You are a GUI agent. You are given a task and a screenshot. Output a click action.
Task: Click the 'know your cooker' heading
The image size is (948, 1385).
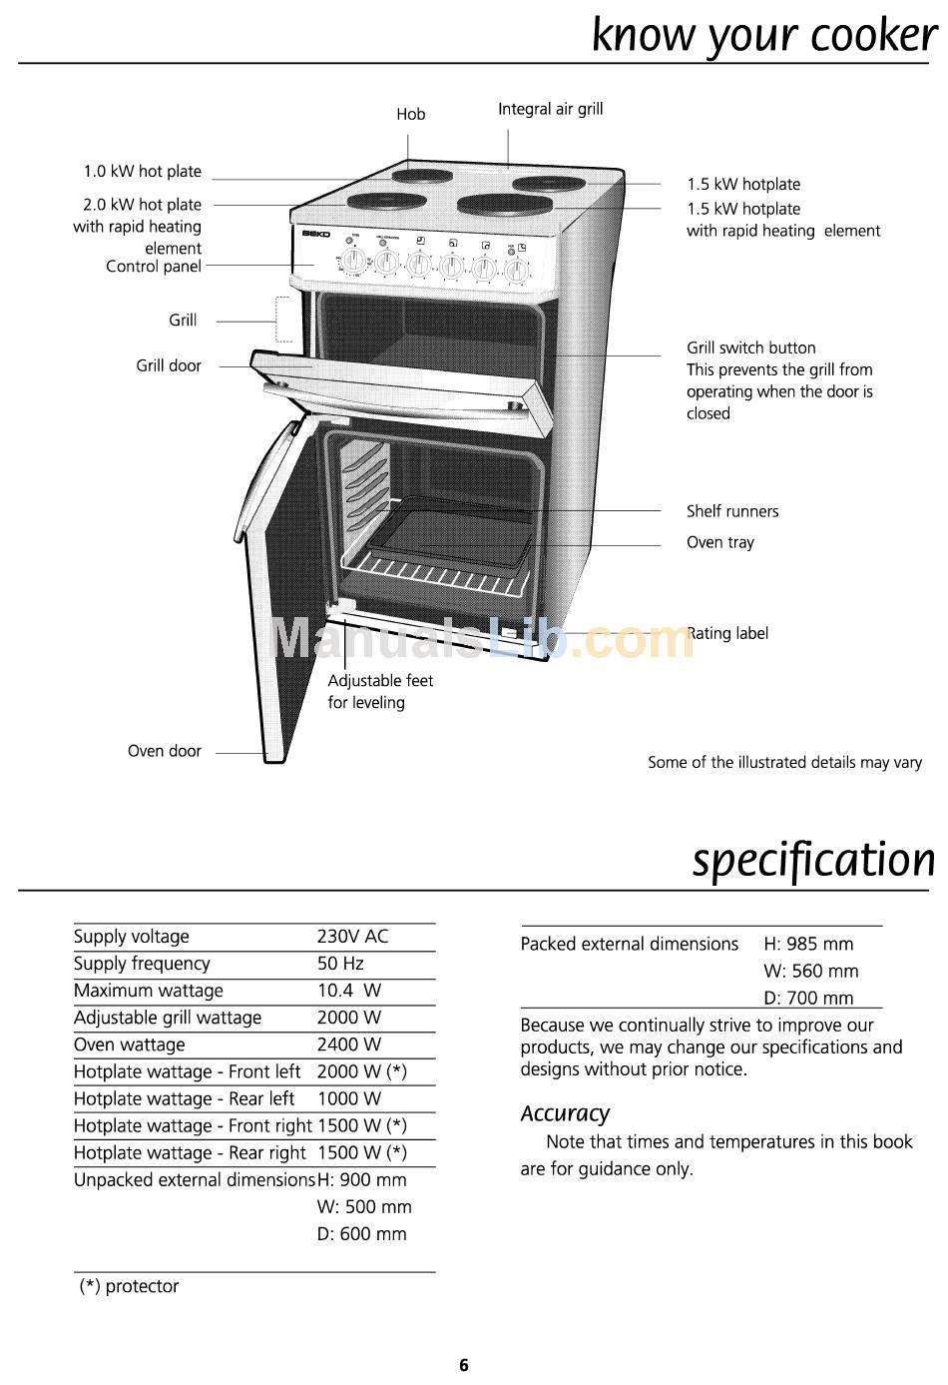[763, 35]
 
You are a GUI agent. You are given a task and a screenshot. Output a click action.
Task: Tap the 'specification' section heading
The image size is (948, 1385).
[813, 860]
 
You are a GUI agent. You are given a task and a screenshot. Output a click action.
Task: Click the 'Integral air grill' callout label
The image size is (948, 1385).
[550, 109]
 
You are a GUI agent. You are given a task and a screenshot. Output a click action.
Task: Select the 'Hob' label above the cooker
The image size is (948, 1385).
[410, 115]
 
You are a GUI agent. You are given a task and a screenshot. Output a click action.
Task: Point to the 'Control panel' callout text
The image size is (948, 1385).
[154, 267]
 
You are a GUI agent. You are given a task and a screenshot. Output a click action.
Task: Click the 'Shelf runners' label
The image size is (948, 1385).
[731, 511]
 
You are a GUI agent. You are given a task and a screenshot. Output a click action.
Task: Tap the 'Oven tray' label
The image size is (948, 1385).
[719, 542]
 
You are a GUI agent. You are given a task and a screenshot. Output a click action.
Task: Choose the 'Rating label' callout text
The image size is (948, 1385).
[728, 633]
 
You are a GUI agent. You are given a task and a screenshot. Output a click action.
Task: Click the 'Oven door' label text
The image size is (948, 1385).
[164, 751]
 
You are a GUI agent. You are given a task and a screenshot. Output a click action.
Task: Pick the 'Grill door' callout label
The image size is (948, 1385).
[169, 365]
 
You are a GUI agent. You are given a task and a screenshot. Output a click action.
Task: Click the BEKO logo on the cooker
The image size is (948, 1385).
[316, 235]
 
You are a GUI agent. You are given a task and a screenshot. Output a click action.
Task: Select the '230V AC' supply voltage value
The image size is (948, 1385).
[352, 937]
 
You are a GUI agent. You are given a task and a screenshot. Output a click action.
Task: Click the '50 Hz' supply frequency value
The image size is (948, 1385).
[340, 964]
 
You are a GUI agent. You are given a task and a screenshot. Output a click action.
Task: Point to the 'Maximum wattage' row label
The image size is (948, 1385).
[149, 991]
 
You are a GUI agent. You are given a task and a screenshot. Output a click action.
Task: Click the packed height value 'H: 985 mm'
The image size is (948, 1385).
[808, 944]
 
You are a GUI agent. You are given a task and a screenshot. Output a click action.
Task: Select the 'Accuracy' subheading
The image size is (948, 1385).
[565, 1113]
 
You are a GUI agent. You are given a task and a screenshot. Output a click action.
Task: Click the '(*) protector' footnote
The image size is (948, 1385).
[129, 1286]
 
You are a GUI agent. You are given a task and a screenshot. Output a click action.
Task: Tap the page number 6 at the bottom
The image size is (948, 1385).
[464, 1365]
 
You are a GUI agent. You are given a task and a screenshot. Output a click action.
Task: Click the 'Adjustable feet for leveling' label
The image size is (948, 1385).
[380, 691]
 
